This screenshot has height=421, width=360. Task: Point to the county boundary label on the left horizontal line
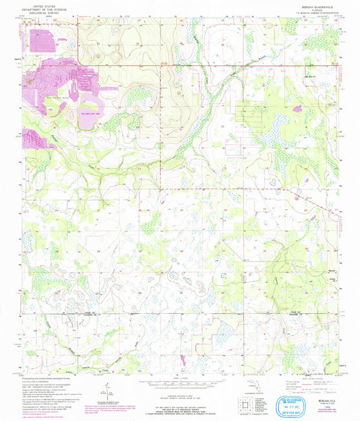point(51,313)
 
